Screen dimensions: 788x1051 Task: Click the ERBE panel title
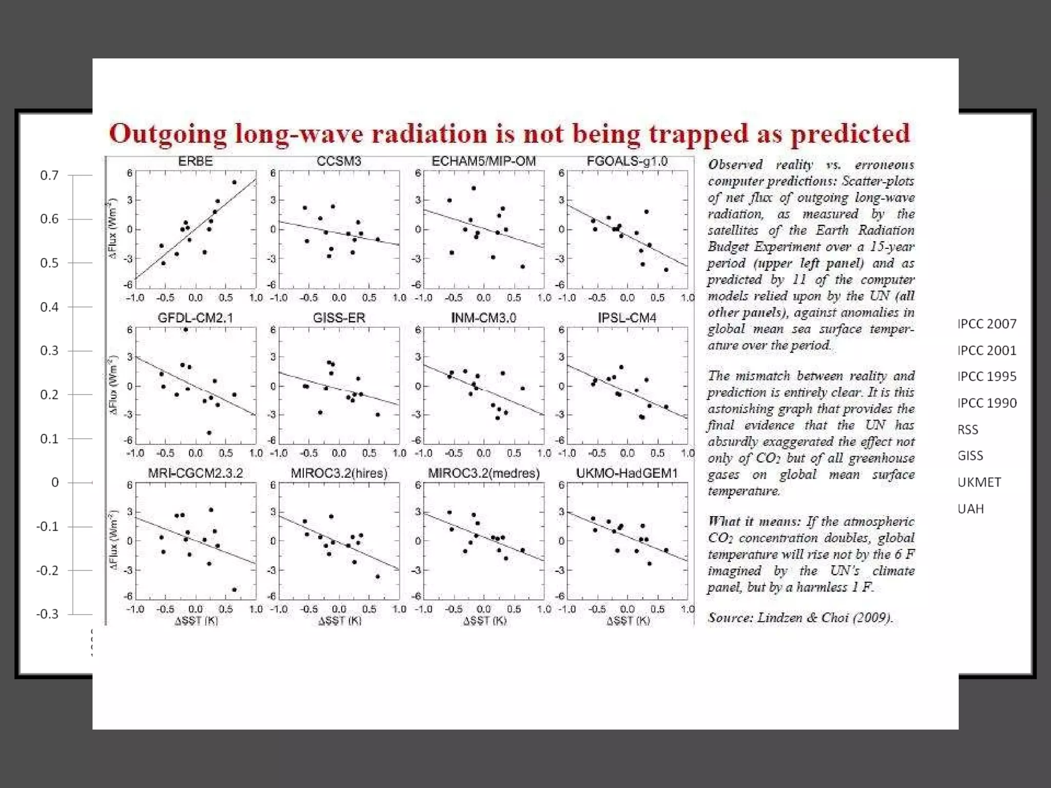point(195,162)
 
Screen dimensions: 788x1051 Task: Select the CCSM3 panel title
point(339,162)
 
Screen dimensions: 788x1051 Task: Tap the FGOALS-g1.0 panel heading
point(627,162)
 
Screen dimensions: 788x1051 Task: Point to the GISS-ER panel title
point(339,318)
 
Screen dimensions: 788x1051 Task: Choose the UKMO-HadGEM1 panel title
point(627,473)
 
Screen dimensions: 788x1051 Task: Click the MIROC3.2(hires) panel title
point(339,473)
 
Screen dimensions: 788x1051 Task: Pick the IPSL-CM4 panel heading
point(627,318)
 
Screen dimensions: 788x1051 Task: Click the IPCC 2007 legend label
point(987,324)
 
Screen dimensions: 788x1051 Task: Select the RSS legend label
point(968,430)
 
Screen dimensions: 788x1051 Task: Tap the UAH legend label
point(971,509)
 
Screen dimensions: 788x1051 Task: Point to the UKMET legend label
point(979,483)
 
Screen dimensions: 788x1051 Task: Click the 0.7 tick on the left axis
point(49,175)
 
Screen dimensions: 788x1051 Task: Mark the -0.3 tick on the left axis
point(47,614)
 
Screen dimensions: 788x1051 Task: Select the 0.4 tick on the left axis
point(49,307)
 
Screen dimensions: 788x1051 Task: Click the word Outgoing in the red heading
point(168,134)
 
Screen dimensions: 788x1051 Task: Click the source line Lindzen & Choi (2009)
point(801,618)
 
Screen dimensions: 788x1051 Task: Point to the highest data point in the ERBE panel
point(235,182)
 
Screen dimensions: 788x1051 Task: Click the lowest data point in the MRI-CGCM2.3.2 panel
point(235,590)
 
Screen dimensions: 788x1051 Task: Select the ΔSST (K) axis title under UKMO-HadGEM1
point(628,621)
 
